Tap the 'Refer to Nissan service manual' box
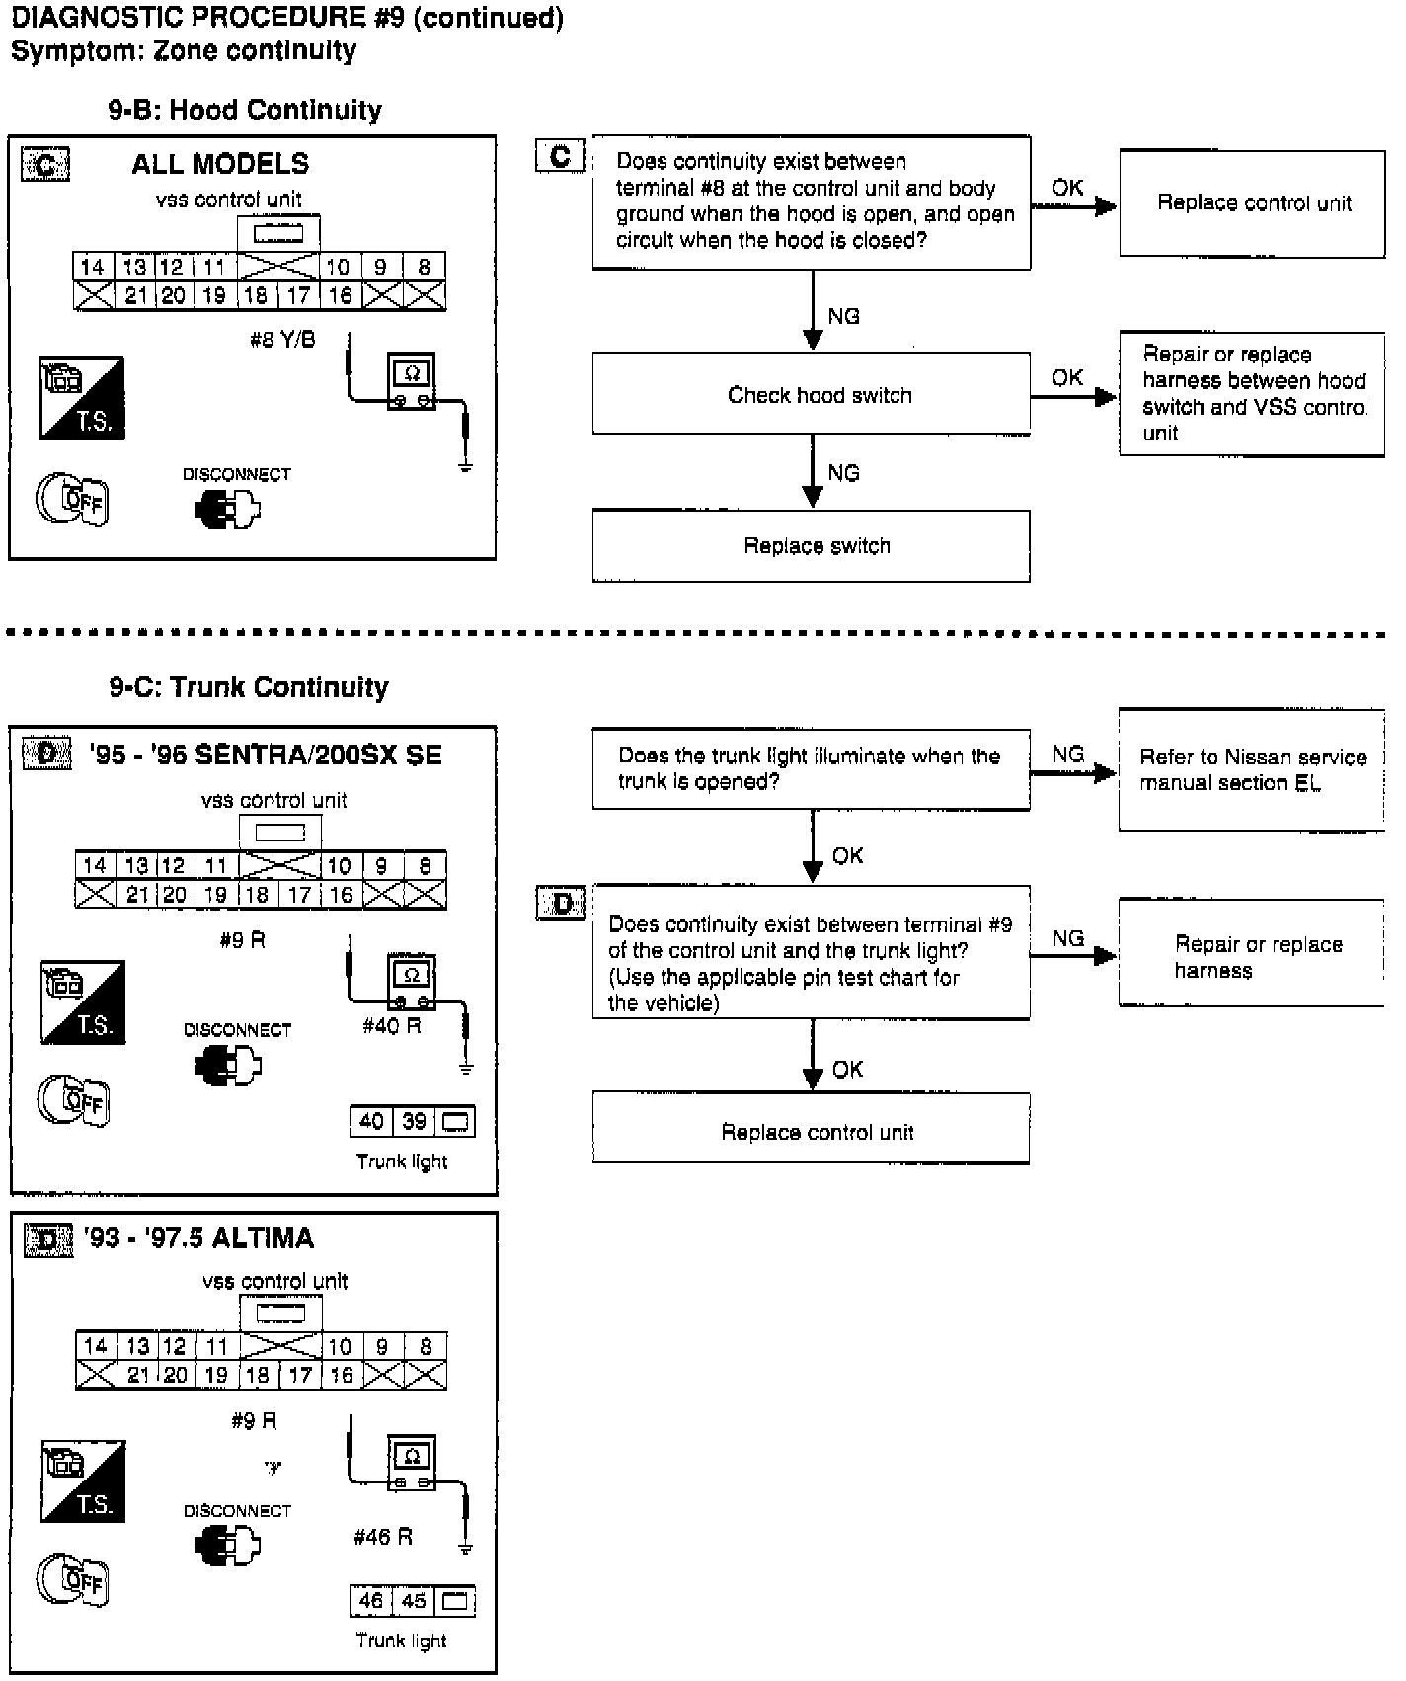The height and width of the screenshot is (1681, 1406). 1251,769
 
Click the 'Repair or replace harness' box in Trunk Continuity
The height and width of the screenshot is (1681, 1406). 1251,955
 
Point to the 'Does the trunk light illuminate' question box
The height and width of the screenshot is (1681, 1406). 811,769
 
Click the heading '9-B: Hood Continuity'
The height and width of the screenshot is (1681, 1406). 245,110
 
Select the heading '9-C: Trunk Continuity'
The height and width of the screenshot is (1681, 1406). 249,687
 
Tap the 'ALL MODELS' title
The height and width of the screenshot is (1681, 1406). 220,164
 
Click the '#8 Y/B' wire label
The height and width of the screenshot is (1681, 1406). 282,341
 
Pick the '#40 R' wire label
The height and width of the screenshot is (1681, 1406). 391,1026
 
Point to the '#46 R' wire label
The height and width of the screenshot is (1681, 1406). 383,1537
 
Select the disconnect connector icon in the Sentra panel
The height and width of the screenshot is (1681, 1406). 228,1066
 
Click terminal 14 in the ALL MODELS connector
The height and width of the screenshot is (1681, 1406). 93,267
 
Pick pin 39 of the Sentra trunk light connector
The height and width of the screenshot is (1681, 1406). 414,1122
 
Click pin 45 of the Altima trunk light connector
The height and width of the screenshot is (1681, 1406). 414,1601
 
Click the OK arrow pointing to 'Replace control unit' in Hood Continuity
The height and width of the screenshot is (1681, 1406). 1074,206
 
